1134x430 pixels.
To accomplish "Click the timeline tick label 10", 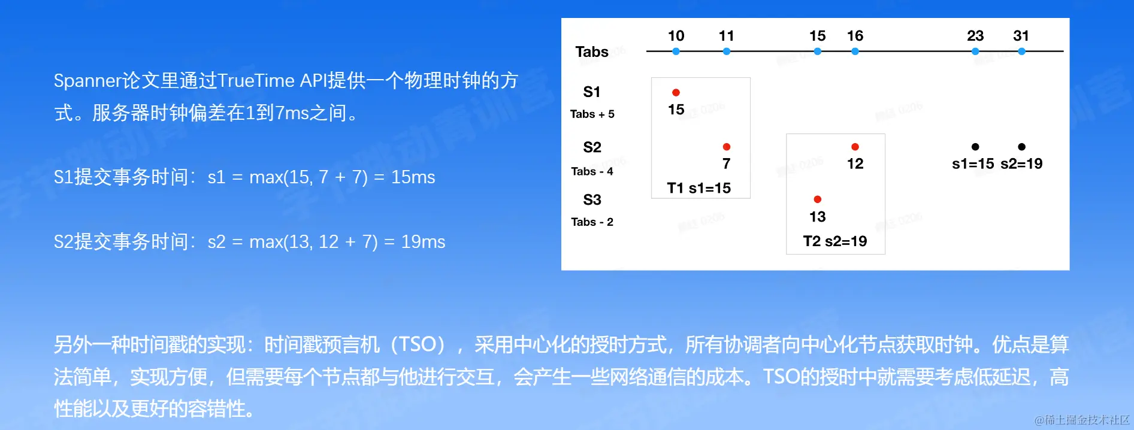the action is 676,36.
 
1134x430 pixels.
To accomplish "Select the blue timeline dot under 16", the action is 855,52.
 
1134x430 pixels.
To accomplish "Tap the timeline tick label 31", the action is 1021,36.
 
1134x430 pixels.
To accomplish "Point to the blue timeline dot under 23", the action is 975,52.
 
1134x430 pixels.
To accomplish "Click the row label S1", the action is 592,92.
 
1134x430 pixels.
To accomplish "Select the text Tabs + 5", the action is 592,114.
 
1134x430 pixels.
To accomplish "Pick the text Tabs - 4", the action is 592,171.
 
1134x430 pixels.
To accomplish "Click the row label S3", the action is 592,199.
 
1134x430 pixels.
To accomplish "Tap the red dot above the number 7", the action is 726,147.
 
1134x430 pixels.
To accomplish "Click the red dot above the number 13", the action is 817,199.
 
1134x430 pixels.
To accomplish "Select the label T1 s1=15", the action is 699,188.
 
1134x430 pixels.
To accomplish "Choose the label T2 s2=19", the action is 835,241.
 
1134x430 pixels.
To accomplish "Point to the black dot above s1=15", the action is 975,147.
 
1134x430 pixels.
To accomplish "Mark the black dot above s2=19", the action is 1021,147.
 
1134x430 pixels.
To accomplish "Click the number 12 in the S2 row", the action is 855,163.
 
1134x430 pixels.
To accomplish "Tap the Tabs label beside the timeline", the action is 592,52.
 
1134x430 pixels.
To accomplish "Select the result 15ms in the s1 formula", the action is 413,177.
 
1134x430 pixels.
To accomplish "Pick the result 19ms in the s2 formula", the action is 423,242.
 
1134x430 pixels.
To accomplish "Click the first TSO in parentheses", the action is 418,344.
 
